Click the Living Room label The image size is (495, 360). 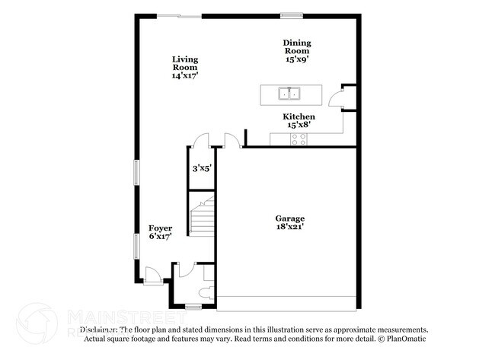pyautogui.click(x=185, y=66)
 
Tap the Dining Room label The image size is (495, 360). pyautogui.click(x=297, y=50)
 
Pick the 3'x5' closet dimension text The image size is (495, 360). pyautogui.click(x=200, y=168)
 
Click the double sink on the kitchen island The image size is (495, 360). pyautogui.click(x=290, y=94)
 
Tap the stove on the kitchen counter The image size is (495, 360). pyautogui.click(x=299, y=139)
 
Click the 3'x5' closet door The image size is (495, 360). pyautogui.click(x=201, y=140)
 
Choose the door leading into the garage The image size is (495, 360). pyautogui.click(x=231, y=140)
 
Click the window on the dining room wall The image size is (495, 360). pyautogui.click(x=292, y=15)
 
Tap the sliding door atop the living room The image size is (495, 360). pyautogui.click(x=186, y=15)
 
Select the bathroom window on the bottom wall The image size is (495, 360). pyautogui.click(x=193, y=307)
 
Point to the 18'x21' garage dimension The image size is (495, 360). pyautogui.click(x=290, y=227)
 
